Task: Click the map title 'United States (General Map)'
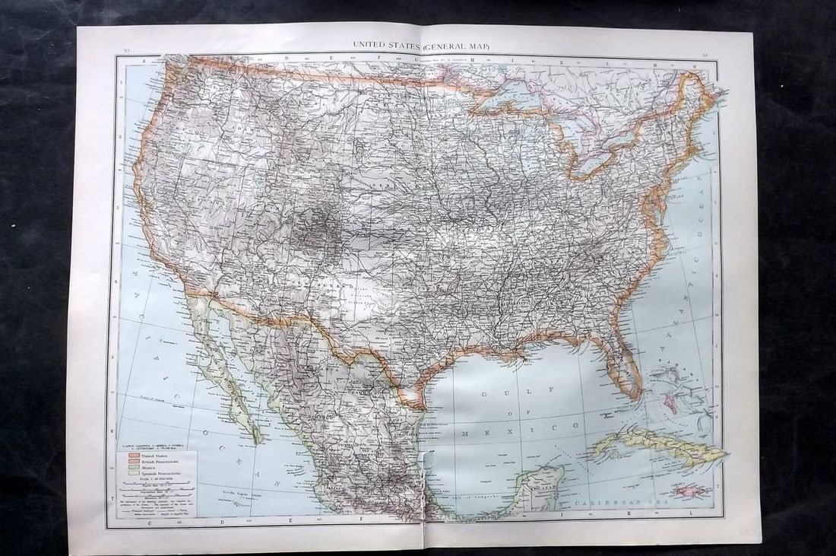(420, 46)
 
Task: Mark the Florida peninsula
(623, 365)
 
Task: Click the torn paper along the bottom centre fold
(421, 494)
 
